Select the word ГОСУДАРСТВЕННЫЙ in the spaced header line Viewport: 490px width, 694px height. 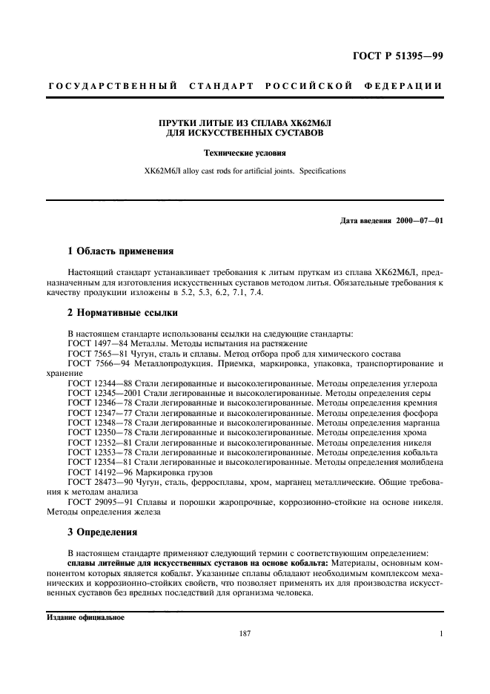(113, 86)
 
